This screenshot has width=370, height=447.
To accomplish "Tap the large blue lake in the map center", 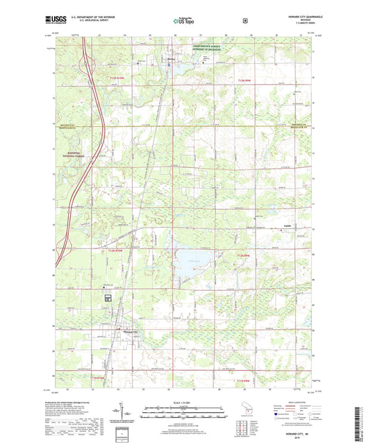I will tap(189, 262).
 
